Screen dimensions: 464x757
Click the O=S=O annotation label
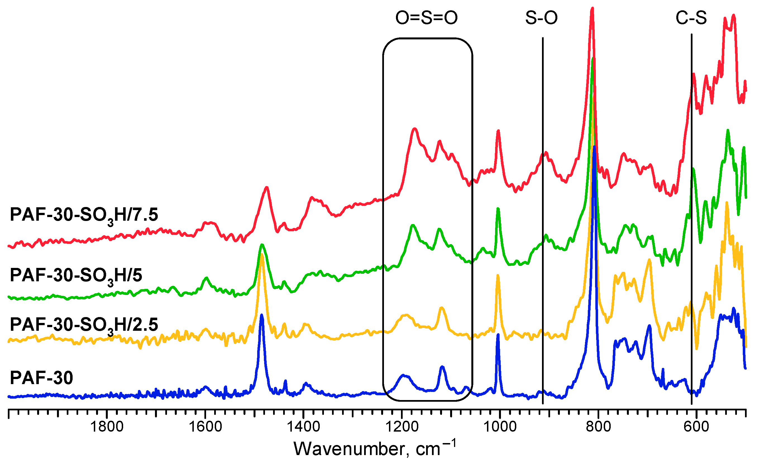coord(426,18)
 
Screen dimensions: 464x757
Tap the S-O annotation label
coord(541,18)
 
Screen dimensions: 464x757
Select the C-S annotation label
coord(691,18)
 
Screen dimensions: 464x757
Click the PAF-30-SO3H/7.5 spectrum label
coord(84,215)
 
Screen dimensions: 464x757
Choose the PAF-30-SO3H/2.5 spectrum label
coord(84,325)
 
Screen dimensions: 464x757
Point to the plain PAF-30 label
coord(42,378)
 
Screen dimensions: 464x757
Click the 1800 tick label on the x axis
coord(107,427)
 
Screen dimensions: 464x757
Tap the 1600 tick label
coord(205,427)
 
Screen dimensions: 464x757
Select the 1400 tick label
coord(304,427)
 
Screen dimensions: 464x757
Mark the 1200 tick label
coord(402,427)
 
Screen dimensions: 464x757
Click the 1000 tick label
coord(500,427)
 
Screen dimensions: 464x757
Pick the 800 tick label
coord(598,427)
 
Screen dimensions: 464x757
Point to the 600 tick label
coord(696,427)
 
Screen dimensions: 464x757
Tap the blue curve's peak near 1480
coord(262,315)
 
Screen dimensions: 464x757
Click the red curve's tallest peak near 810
coord(592,9)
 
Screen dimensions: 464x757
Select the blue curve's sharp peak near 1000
coord(498,335)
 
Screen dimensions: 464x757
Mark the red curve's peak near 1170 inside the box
coord(415,129)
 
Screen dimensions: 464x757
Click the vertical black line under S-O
coord(543,215)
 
